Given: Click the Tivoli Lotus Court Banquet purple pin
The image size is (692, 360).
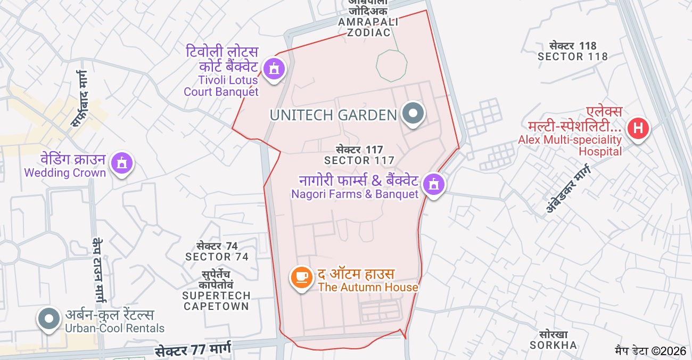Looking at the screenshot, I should [x=274, y=68].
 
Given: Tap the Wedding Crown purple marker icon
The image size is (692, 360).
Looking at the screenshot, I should [x=122, y=162].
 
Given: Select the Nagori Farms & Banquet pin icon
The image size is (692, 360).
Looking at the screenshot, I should [x=434, y=184].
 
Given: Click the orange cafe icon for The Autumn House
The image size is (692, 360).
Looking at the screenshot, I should [x=301, y=277].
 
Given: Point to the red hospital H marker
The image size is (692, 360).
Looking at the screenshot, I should [x=638, y=128].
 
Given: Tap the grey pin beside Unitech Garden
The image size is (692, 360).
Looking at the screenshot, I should [x=413, y=113].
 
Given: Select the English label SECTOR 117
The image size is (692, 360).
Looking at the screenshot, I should [x=359, y=160].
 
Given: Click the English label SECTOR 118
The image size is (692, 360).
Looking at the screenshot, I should [x=573, y=56].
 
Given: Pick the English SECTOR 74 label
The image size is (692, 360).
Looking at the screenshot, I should [x=217, y=257].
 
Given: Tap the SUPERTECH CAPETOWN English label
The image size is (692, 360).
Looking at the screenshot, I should [x=216, y=301].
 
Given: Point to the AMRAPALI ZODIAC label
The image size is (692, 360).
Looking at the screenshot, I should [x=368, y=27].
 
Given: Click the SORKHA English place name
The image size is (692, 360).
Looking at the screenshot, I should [x=553, y=345].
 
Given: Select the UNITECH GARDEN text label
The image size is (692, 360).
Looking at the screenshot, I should [x=333, y=115].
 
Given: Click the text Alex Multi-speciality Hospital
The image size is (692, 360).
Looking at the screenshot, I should [x=570, y=145].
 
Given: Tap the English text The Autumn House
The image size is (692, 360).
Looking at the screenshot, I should [x=368, y=288].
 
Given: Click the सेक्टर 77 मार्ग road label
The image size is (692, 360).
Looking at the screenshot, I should [x=193, y=350].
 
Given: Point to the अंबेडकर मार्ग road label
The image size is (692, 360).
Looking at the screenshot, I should [x=568, y=189].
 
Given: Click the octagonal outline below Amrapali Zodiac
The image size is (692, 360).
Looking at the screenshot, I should [x=391, y=66].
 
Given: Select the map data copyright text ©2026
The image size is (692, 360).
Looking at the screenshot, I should [x=650, y=351].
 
